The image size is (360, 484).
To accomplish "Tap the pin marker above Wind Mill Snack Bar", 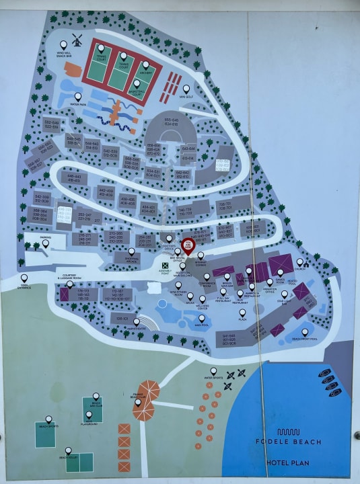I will (x=101, y=48).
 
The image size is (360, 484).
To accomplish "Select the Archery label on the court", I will (x=145, y=71).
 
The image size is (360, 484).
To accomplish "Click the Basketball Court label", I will (x=137, y=94).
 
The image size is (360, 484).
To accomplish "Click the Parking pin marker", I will (x=46, y=243).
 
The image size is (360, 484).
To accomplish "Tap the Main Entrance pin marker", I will (x=24, y=278).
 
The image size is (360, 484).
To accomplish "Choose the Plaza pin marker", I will (x=243, y=313).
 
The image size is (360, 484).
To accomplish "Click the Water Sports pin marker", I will (x=214, y=371).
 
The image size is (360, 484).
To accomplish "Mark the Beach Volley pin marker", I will (x=69, y=451).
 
